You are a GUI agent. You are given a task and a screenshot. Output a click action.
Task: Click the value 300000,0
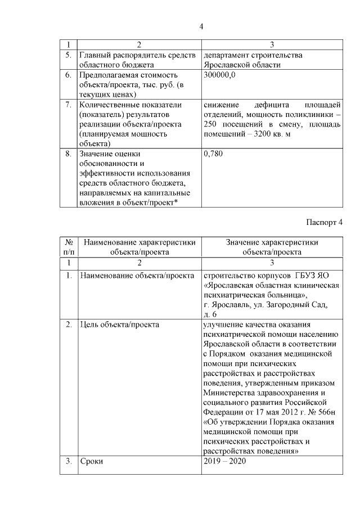[x=220, y=75]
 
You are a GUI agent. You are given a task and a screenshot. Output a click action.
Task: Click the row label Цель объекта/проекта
[x=120, y=325]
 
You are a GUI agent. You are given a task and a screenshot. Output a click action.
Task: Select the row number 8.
[x=68, y=153]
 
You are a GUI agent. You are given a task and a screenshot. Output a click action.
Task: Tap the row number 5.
[x=68, y=55]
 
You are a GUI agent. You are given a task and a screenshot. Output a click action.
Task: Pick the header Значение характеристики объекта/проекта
[x=272, y=247]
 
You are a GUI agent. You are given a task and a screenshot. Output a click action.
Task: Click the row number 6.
[x=68, y=75]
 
